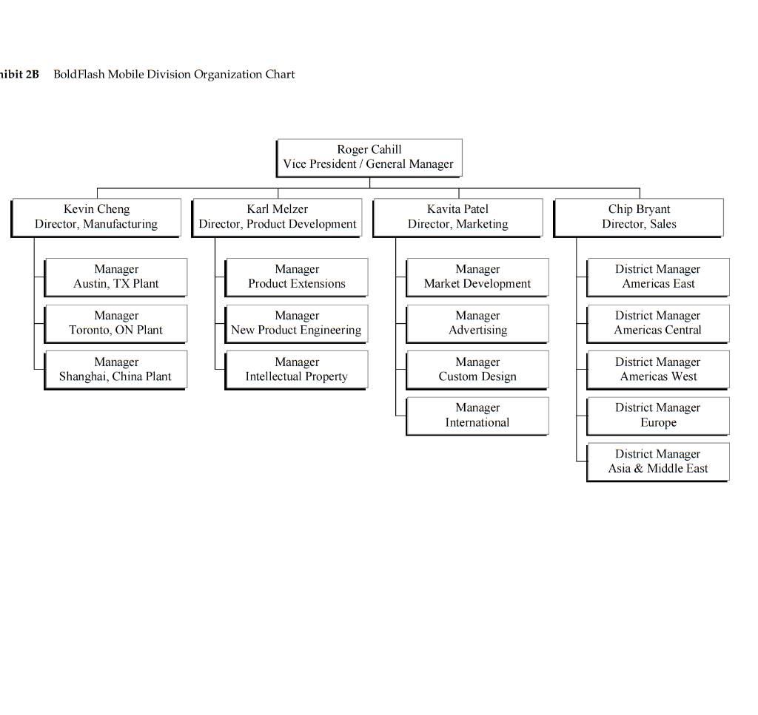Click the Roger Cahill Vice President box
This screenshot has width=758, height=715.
click(369, 157)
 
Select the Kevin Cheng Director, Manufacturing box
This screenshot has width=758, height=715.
click(96, 217)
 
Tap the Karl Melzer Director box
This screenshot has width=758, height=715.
click(278, 217)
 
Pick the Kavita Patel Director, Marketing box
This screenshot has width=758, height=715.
click(458, 217)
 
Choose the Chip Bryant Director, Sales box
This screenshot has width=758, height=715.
click(639, 217)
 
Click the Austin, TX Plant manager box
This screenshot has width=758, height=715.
click(116, 277)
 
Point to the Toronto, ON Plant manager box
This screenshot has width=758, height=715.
click(116, 323)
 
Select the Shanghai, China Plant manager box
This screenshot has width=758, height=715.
click(116, 370)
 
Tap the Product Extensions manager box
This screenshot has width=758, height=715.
click(297, 277)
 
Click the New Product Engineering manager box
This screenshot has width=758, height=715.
click(297, 323)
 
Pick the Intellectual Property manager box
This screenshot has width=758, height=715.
click(297, 370)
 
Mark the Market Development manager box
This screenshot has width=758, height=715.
click(477, 277)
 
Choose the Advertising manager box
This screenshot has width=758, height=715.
click(477, 323)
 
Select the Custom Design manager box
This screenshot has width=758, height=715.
click(477, 370)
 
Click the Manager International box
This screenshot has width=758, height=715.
click(477, 416)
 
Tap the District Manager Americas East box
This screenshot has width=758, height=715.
click(658, 277)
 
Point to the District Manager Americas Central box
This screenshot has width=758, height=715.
click(658, 323)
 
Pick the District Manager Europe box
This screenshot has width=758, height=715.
click(658, 416)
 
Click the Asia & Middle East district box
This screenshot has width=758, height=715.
click(658, 462)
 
